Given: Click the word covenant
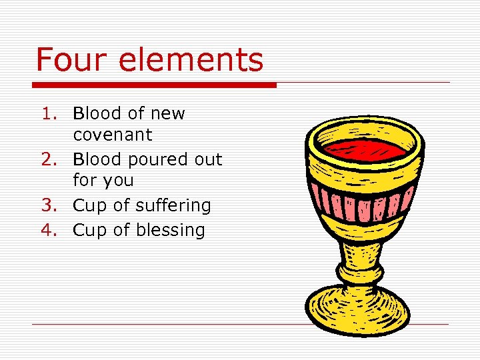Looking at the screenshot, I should [x=113, y=135].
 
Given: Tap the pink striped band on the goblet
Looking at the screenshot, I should [x=365, y=201].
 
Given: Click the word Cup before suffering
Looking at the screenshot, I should [x=90, y=205].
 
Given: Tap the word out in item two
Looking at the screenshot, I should [x=208, y=160].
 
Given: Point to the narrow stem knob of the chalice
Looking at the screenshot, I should [x=361, y=271].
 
